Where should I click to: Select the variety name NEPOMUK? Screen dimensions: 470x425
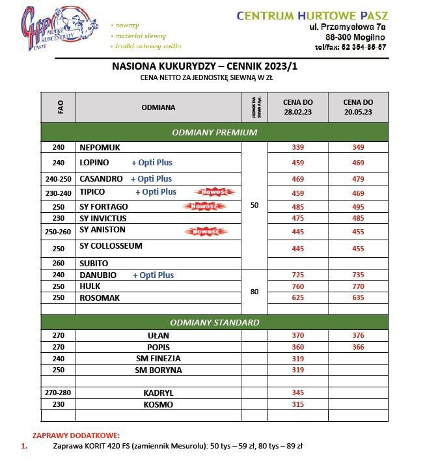pos(100,147)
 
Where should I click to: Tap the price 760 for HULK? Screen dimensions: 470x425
pos(298,286)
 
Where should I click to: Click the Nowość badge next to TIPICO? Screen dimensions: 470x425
pos(214,192)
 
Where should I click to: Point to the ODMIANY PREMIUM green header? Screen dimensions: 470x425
pos(214,132)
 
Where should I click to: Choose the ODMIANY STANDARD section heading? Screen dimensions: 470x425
pos(214,322)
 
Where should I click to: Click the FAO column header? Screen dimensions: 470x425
pos(59,107)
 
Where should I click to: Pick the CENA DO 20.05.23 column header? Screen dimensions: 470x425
pos(358,107)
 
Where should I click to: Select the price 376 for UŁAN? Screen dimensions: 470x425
pos(358,335)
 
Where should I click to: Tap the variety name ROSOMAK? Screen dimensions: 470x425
pos(100,297)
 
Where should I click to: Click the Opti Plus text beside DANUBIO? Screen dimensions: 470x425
pos(153,275)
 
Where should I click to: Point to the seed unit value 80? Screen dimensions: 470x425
pos(254,292)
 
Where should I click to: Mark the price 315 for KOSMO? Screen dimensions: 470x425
pos(298,405)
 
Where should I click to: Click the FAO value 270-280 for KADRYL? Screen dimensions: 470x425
pos(59,393)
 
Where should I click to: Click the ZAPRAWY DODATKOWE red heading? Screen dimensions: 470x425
pos(76,435)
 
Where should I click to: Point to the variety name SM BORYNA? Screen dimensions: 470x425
pos(158,370)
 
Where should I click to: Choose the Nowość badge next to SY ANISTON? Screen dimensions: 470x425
pos(205,231)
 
